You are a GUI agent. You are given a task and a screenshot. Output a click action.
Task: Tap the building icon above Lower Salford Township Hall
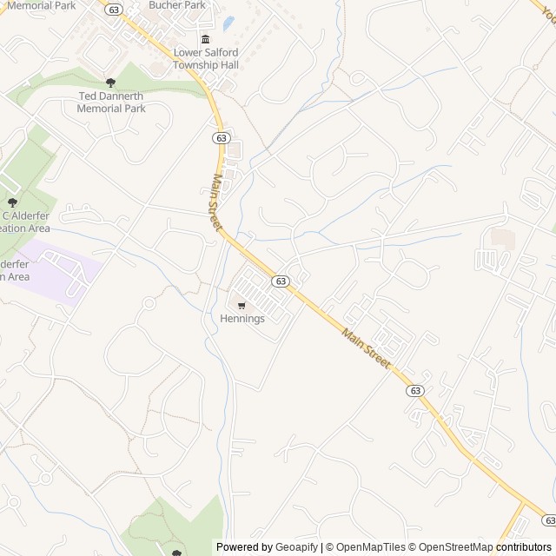206,39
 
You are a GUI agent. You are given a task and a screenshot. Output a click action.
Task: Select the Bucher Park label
177,5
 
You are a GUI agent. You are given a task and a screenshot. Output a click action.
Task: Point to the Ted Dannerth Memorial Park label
111,103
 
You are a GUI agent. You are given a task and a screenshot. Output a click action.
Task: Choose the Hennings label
242,319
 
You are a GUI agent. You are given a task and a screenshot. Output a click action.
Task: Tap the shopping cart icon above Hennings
242,305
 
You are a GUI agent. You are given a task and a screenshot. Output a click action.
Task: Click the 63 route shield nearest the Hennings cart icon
280,281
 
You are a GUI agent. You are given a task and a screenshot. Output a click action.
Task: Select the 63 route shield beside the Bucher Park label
115,10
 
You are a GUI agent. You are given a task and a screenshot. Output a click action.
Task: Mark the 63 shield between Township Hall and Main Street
221,137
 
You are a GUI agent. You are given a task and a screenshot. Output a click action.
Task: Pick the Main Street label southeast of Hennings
366,347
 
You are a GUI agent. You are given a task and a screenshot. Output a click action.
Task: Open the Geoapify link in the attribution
295,547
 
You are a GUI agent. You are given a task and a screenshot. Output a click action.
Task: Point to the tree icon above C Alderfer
12,202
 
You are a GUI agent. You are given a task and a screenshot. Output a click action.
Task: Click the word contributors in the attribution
524,547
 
